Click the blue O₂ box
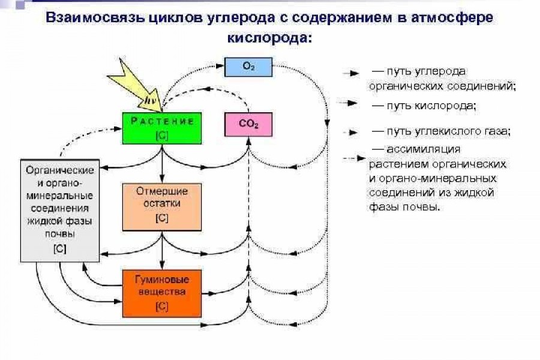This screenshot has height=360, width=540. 248,67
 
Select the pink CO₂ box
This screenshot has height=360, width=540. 248,125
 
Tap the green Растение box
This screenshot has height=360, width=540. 162,128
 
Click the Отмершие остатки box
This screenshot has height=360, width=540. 162,207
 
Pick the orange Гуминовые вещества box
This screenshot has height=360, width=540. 162,293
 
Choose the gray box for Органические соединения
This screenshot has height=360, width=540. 59,210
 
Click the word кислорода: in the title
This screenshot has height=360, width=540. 270,37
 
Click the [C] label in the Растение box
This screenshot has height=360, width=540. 162,136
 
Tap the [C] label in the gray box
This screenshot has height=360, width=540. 59,248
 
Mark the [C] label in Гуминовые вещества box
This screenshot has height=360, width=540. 162,307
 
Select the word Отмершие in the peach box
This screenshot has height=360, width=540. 162,192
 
